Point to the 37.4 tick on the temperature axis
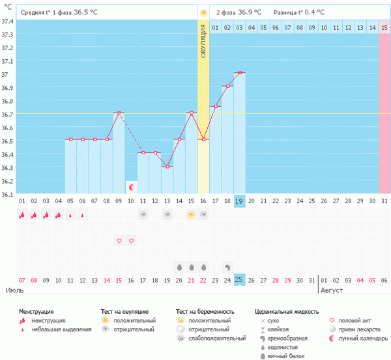pyautogui.click(x=8, y=21)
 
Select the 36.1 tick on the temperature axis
pyautogui.click(x=8, y=193)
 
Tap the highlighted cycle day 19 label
pyautogui.click(x=240, y=202)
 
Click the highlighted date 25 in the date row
pyautogui.click(x=240, y=280)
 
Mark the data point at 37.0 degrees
pyautogui.click(x=240, y=73)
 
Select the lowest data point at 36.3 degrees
pyautogui.click(x=167, y=167)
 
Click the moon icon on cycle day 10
pyautogui.click(x=131, y=187)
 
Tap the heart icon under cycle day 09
pyautogui.click(x=119, y=241)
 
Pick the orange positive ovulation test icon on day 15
pyautogui.click(x=191, y=214)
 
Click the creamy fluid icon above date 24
pyautogui.click(x=227, y=267)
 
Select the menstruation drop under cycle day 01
pyautogui.click(x=22, y=214)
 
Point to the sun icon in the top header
pyautogui.click(x=203, y=12)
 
